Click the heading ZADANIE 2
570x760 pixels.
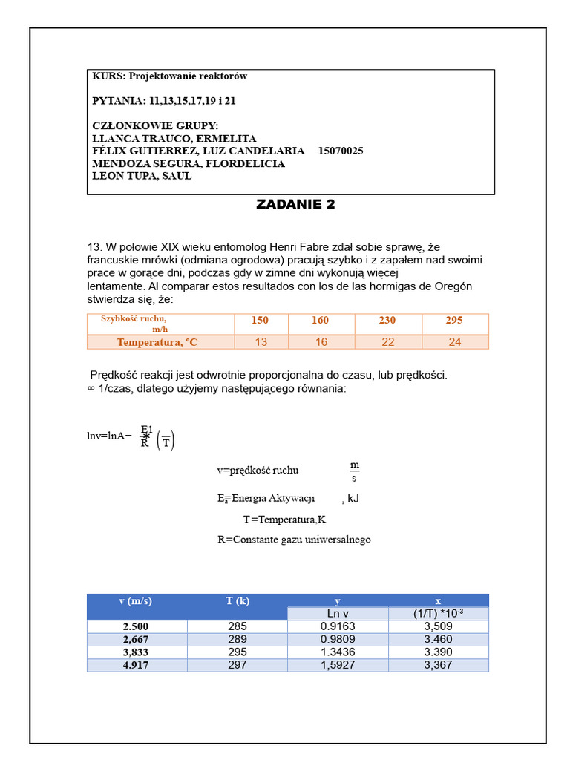295,205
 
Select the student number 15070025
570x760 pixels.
341,151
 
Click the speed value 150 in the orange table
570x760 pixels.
260,321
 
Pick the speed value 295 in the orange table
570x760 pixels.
454,321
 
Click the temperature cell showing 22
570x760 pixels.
387,342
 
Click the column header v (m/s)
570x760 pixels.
136,600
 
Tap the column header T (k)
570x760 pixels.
237,600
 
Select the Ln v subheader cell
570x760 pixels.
338,613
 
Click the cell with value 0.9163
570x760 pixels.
338,626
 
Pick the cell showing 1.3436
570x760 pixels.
338,652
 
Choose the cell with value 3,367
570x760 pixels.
438,665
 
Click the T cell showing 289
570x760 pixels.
237,639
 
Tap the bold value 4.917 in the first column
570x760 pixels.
136,665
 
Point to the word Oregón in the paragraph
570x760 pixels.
453,286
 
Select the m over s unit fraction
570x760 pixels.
355,471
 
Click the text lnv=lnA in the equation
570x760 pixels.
105,436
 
